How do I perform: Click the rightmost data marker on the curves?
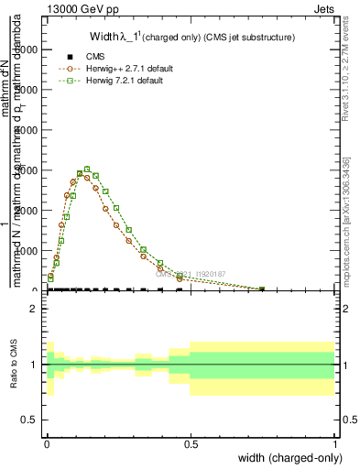pos(263,289)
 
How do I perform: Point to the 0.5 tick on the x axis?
pos(190,443)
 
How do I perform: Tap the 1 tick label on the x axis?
pos(334,443)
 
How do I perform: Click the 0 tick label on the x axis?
pos(47,443)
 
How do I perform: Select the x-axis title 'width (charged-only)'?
pos(286,458)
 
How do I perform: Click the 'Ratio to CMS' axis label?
pos(14,365)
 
